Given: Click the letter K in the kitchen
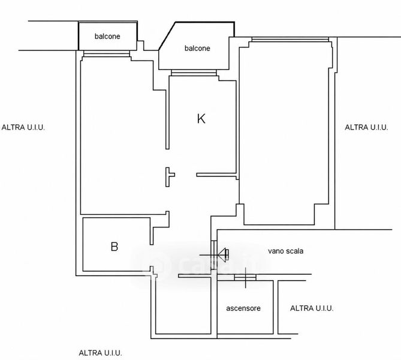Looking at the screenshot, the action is click(x=201, y=119).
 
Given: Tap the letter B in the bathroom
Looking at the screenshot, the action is click(x=114, y=247).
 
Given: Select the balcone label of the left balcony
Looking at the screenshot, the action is click(x=107, y=37).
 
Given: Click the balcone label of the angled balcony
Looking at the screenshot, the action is click(x=197, y=48).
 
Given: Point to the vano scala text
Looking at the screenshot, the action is click(x=286, y=251).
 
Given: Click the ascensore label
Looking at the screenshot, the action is click(x=243, y=308).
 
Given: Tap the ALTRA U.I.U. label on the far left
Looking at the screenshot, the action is click(x=23, y=127).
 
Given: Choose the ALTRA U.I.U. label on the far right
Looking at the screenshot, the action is click(x=366, y=127).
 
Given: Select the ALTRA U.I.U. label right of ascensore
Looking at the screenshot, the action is click(x=312, y=308).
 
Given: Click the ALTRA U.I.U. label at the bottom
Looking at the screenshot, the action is click(x=100, y=353).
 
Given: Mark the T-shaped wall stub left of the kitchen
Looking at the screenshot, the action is click(x=169, y=177).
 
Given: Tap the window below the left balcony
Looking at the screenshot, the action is click(x=107, y=54).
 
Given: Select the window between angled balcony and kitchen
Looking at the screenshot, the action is click(x=194, y=73).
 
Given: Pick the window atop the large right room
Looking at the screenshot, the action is click(x=290, y=40).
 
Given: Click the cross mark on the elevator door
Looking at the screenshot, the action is click(x=246, y=278).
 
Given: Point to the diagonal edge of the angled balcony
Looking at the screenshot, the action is click(x=167, y=36).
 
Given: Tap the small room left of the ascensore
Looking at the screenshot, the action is click(x=183, y=305).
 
